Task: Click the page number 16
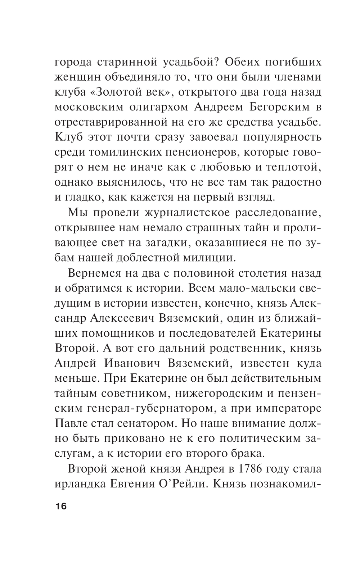pos(61,507)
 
